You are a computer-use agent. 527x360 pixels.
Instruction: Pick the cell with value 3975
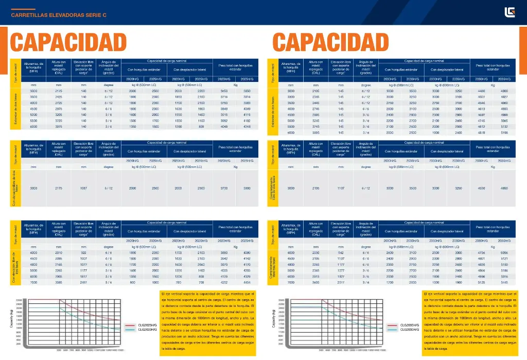(x=59, y=126)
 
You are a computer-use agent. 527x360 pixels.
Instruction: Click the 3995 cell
(x=316, y=132)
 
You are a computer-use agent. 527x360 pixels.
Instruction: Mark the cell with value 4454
(x=247, y=282)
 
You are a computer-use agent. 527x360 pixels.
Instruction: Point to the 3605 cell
(x=316, y=282)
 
